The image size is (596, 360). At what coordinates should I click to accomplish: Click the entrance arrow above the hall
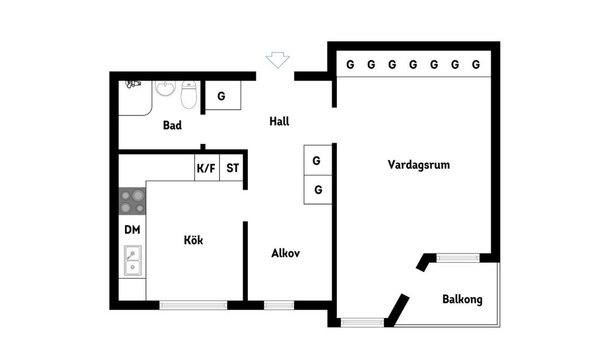point(278,60)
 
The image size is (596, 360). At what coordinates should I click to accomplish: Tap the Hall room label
point(279,122)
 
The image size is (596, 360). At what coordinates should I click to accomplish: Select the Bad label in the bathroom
point(172,125)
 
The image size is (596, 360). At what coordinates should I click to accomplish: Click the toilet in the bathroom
point(189,95)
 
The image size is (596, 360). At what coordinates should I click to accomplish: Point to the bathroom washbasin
point(165,89)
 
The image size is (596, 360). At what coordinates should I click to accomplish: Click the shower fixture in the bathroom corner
point(133,84)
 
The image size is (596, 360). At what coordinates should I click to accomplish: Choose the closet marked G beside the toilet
point(223,95)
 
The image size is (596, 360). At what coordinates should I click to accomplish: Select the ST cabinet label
point(233,168)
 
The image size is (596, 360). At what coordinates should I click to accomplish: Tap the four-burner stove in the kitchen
point(132,201)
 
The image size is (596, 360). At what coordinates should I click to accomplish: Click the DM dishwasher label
point(132,229)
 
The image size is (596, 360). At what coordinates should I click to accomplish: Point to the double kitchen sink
point(132,260)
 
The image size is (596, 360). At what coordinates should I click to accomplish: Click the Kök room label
point(193,240)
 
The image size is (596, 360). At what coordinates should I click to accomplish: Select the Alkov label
point(286,253)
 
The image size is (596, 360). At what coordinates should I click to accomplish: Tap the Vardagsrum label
point(419,165)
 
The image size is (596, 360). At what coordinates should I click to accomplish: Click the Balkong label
point(462,299)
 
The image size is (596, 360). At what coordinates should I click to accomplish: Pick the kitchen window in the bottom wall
point(193,305)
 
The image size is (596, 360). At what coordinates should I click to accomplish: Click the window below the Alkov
point(279,305)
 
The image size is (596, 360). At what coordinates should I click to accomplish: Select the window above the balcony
point(458,258)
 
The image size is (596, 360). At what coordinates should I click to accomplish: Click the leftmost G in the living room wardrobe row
point(350,65)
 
